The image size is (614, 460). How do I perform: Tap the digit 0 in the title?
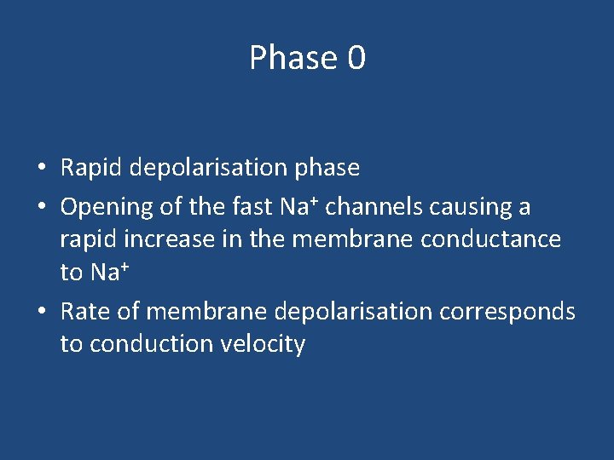[356, 58]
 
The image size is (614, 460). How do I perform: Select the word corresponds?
[507, 312]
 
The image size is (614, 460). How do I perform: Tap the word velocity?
[265, 344]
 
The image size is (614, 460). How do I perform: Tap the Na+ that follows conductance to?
[107, 273]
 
